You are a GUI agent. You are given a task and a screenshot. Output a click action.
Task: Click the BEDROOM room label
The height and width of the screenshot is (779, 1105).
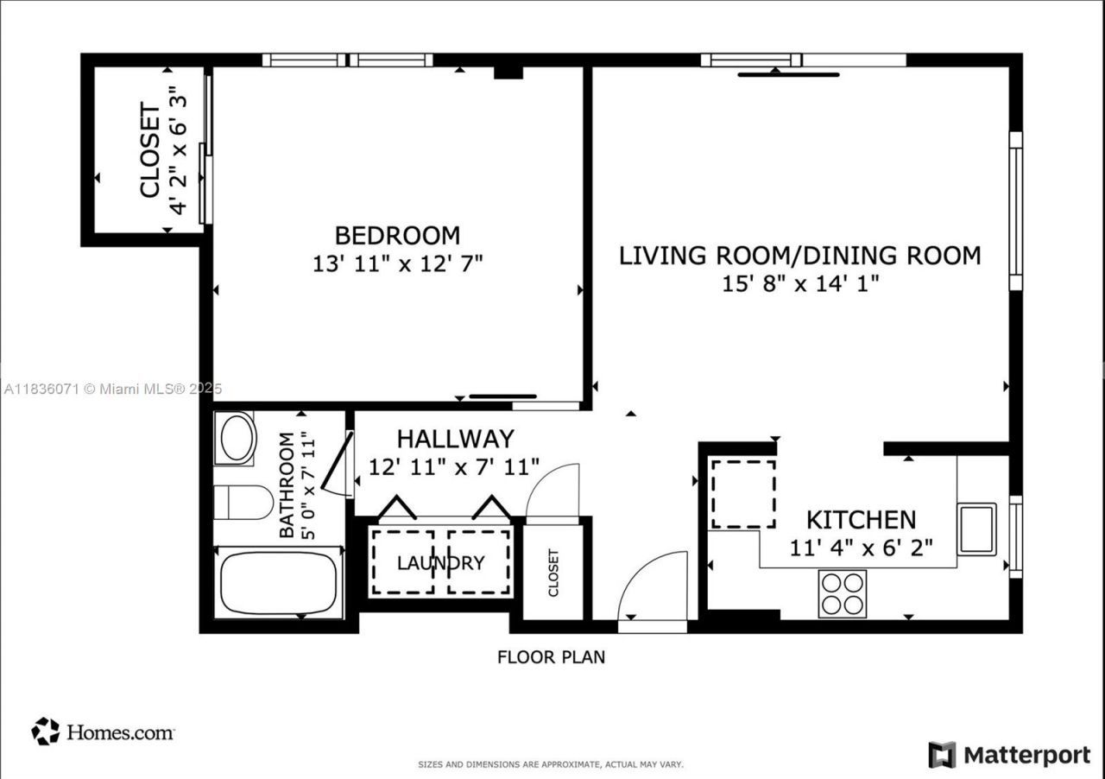pos(397,235)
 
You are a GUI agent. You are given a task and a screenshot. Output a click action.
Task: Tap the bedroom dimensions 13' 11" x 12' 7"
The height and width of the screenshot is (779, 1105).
pos(397,263)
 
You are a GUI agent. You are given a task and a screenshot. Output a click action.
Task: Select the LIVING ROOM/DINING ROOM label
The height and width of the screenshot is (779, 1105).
pos(799,256)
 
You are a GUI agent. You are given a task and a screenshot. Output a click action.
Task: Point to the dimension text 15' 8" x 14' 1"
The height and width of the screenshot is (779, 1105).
pos(799,284)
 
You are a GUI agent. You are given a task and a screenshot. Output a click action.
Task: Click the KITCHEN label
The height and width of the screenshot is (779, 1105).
pos(861,520)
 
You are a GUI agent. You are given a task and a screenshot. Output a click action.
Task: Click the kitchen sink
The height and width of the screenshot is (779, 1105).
pos(977,528)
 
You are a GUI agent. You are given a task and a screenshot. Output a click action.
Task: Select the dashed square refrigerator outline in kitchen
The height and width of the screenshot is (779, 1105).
pos(743,494)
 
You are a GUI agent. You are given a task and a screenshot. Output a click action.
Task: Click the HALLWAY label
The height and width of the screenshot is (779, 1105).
pos(455,440)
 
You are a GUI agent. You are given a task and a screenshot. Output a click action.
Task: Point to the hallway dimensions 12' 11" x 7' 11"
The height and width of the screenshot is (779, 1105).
pos(454,467)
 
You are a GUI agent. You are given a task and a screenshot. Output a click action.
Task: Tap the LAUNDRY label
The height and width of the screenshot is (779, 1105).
pos(440,563)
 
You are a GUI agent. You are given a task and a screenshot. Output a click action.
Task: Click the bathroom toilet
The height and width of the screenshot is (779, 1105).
pos(243,502)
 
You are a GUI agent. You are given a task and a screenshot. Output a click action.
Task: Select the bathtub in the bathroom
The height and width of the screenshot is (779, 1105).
pos(277,583)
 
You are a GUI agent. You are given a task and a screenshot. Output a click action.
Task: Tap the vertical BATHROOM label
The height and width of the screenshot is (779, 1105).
pos(287,484)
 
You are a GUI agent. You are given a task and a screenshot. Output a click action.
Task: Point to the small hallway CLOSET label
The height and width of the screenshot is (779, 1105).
pos(553,573)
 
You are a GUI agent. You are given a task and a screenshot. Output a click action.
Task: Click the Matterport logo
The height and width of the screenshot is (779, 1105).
pos(1009,755)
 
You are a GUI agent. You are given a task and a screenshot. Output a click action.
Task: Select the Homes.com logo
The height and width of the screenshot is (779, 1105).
pos(104,732)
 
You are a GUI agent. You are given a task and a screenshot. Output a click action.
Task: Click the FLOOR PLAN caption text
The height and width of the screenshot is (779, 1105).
pos(551,657)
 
